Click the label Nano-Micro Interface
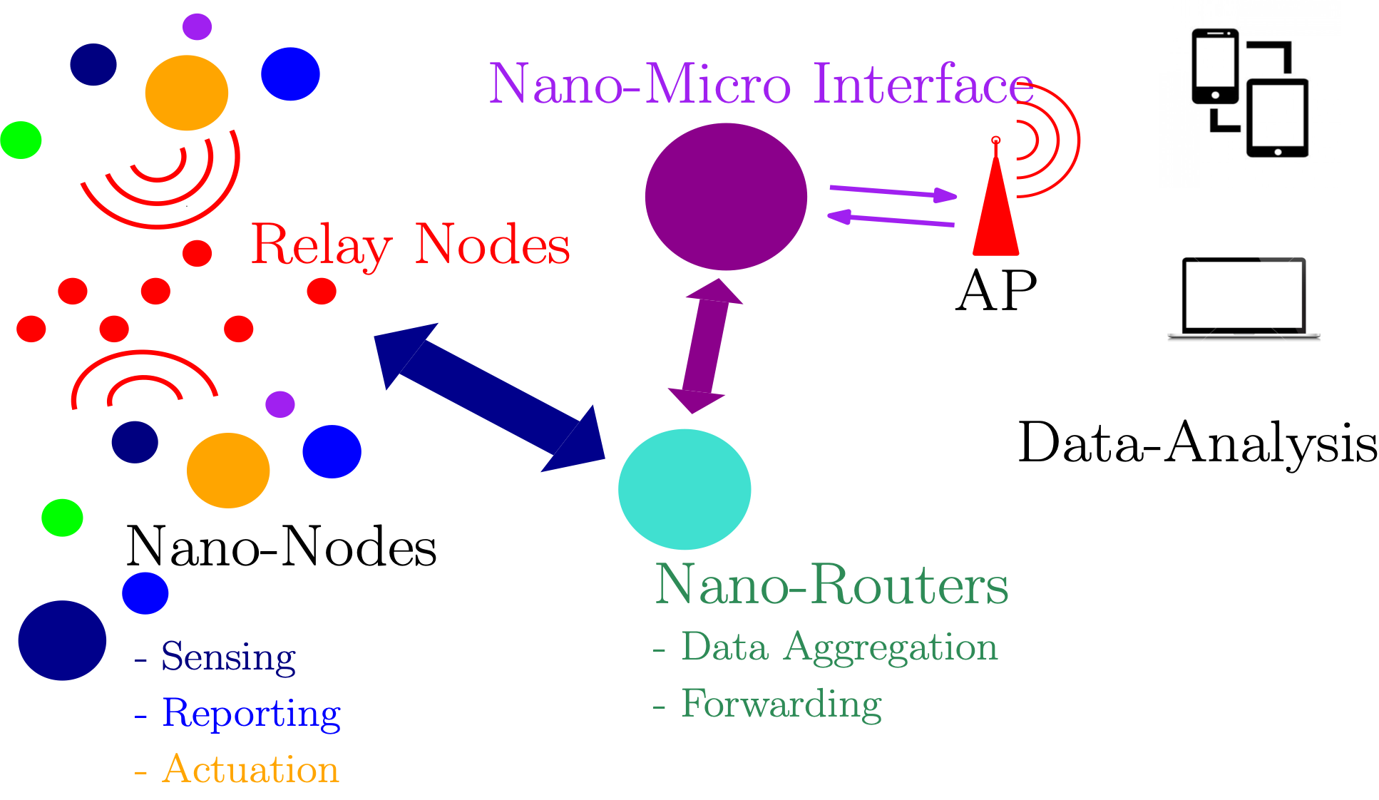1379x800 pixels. [x=760, y=84]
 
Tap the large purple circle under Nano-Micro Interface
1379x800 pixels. [x=726, y=197]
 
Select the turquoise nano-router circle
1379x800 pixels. [x=685, y=489]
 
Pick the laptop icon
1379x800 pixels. [x=1244, y=299]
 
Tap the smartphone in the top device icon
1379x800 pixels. [x=1215, y=66]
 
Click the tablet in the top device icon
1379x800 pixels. [x=1277, y=118]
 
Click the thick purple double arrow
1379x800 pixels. [x=705, y=345]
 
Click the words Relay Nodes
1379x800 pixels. [x=411, y=245]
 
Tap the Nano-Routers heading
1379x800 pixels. [x=831, y=585]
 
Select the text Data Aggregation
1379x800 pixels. [x=839, y=647]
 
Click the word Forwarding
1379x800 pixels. [x=781, y=704]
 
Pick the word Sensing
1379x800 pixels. [x=228, y=656]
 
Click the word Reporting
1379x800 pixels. [x=251, y=713]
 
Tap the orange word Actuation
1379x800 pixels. [x=251, y=769]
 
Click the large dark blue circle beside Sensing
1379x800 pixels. [x=62, y=640]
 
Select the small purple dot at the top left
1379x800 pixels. [x=197, y=26]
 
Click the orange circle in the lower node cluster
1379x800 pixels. [x=228, y=471]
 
